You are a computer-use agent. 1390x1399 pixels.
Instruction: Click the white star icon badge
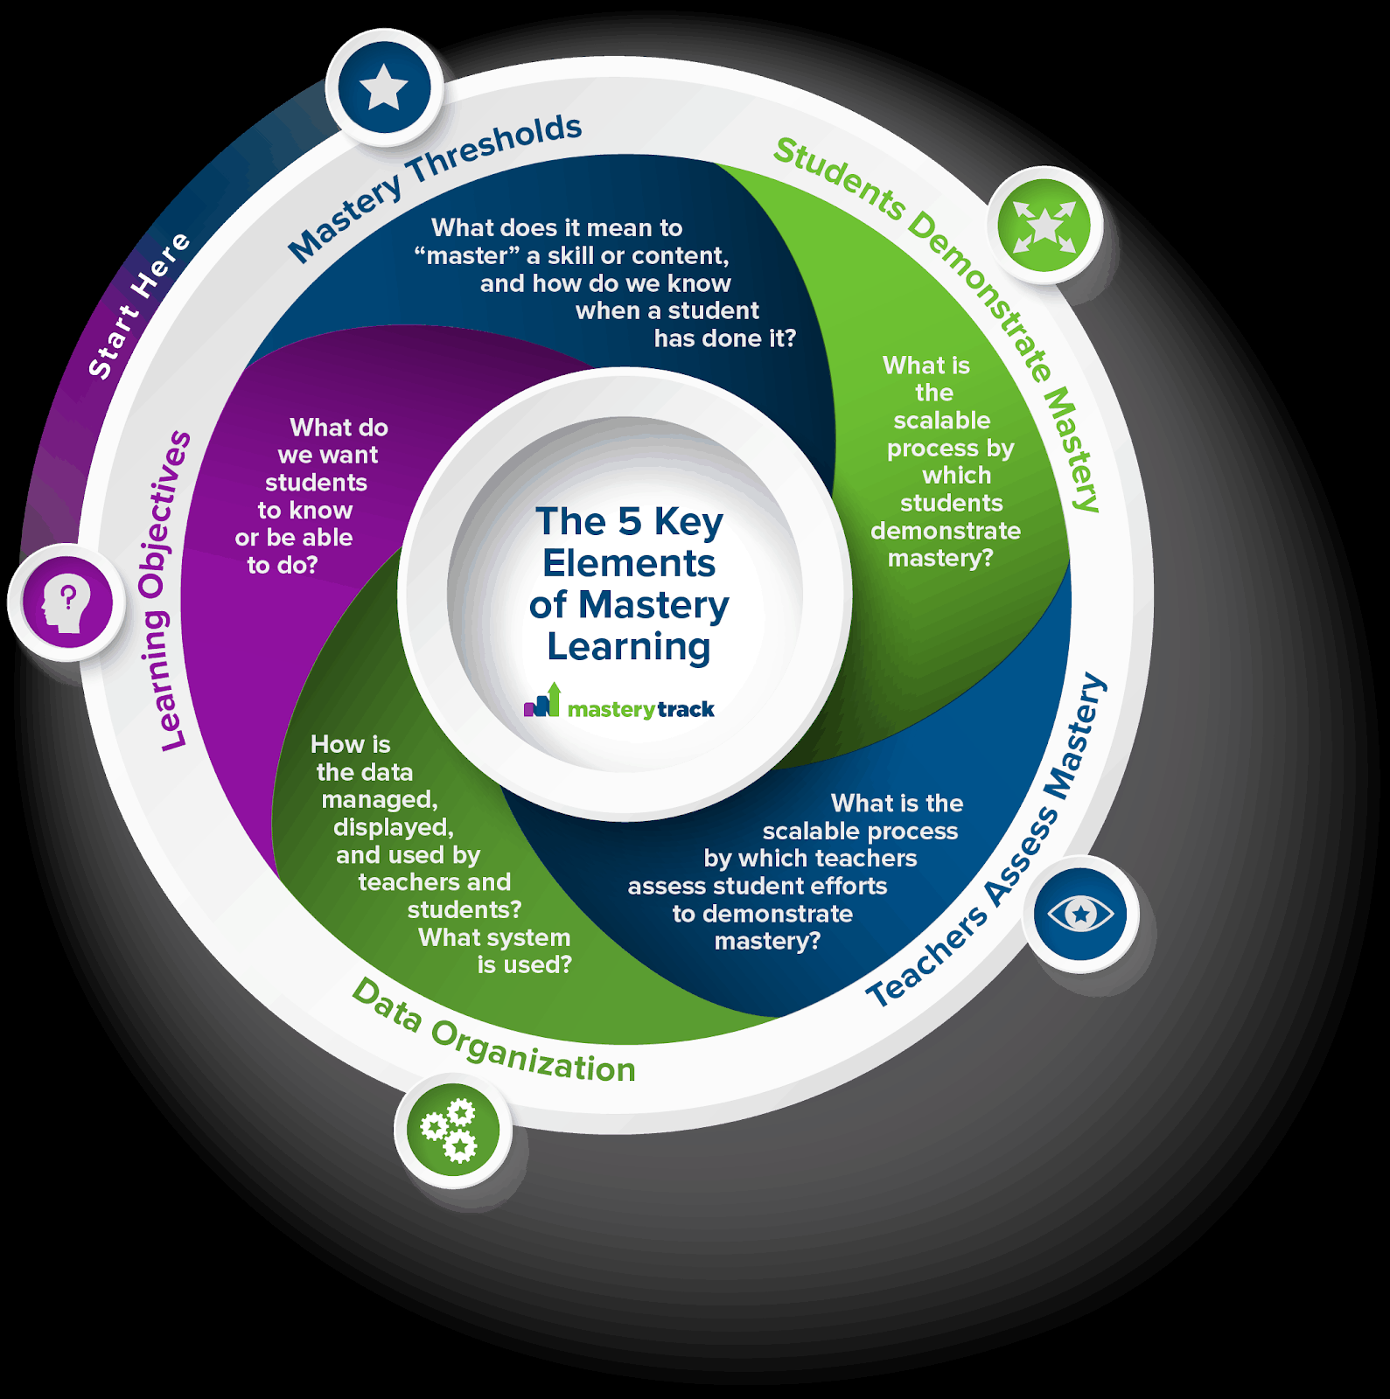[384, 88]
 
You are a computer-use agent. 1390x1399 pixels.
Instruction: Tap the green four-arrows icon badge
[1044, 226]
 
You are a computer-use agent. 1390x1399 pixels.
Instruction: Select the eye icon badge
[1080, 915]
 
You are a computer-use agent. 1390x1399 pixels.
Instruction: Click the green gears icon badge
[452, 1129]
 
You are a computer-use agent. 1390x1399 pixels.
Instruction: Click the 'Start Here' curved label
[138, 305]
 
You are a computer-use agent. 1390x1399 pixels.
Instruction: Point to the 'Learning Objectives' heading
[164, 591]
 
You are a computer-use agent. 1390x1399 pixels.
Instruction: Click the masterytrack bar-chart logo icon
[542, 701]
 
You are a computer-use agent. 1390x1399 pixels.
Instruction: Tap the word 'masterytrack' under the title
[640, 709]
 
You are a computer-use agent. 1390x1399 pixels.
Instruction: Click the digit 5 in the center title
[630, 522]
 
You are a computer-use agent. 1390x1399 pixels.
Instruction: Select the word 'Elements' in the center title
[628, 564]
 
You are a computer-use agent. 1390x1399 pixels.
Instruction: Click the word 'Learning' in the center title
[628, 647]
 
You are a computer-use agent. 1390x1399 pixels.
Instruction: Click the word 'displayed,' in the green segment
[393, 827]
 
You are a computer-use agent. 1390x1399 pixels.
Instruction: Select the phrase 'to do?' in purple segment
[283, 566]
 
